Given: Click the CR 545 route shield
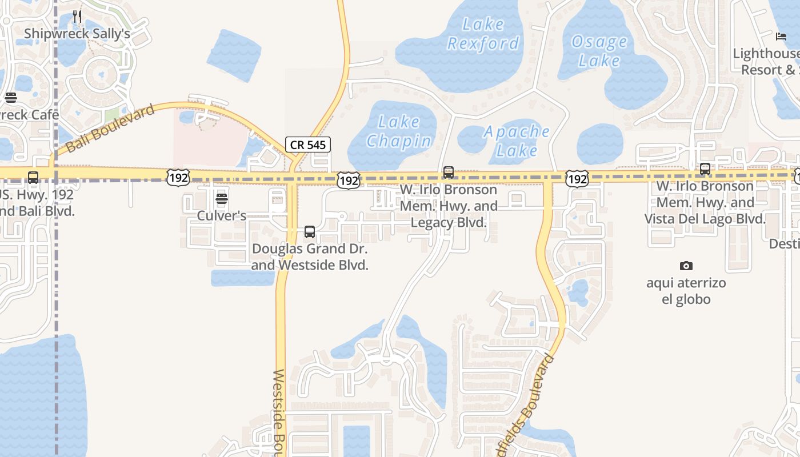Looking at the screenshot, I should pos(308,145).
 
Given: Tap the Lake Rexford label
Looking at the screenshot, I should pos(483,34).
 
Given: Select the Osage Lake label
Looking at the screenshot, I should pos(599,51).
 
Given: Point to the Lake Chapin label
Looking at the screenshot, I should pos(399,131).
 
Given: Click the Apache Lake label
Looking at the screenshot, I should pos(517,141).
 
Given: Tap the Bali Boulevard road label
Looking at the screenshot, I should pos(110,129).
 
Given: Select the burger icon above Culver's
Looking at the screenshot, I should pos(222,199).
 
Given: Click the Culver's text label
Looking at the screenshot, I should pos(222,216).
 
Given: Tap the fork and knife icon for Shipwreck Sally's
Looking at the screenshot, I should pos(77,17).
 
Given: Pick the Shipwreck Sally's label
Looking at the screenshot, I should pos(77,34).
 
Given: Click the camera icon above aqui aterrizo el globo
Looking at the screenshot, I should pos(686,266).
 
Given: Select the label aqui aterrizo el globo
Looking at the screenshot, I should pos(686,291).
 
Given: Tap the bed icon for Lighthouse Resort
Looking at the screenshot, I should pos(781,37).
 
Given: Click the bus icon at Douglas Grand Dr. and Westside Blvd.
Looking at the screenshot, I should pos(310,232).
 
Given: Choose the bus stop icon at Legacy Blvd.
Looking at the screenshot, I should pos(449,172).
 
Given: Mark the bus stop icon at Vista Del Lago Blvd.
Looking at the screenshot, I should pos(705,169).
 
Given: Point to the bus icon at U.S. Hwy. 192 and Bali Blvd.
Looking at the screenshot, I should pos(33,178).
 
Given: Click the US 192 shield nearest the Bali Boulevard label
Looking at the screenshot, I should pos(178,178).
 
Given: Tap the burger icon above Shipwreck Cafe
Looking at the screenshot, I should pos(10,98).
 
